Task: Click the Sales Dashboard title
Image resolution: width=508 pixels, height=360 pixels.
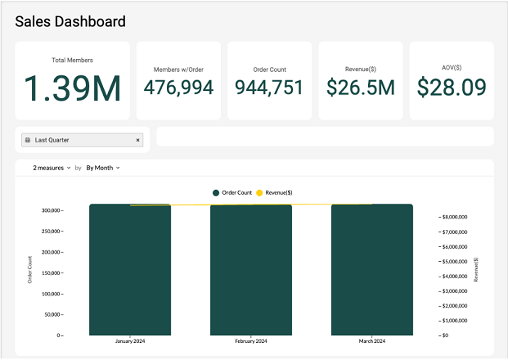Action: pos(70,21)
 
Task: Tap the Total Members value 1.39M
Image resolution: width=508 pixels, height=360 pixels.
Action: pos(72,88)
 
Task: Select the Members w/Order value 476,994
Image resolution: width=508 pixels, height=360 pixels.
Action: pos(178,87)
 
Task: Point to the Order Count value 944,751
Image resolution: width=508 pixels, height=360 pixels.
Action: pos(269,87)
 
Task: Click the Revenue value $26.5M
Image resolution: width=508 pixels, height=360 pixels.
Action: pos(361,87)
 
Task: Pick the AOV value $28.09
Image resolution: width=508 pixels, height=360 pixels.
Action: pos(452,87)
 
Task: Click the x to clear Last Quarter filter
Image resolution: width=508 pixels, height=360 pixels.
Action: pos(137,141)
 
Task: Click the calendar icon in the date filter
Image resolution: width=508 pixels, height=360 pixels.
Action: pos(28,141)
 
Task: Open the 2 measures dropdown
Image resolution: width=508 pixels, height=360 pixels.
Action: pos(52,168)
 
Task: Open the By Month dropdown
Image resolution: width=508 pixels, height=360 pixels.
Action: pos(103,168)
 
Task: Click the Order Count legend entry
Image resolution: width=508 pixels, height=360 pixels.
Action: pos(232,192)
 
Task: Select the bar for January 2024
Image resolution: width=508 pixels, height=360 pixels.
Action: pos(130,270)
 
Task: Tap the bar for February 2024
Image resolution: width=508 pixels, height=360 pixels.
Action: pos(251,270)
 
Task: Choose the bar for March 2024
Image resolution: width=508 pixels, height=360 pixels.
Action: pos(372,270)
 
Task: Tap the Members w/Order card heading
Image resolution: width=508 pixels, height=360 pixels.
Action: pos(178,70)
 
